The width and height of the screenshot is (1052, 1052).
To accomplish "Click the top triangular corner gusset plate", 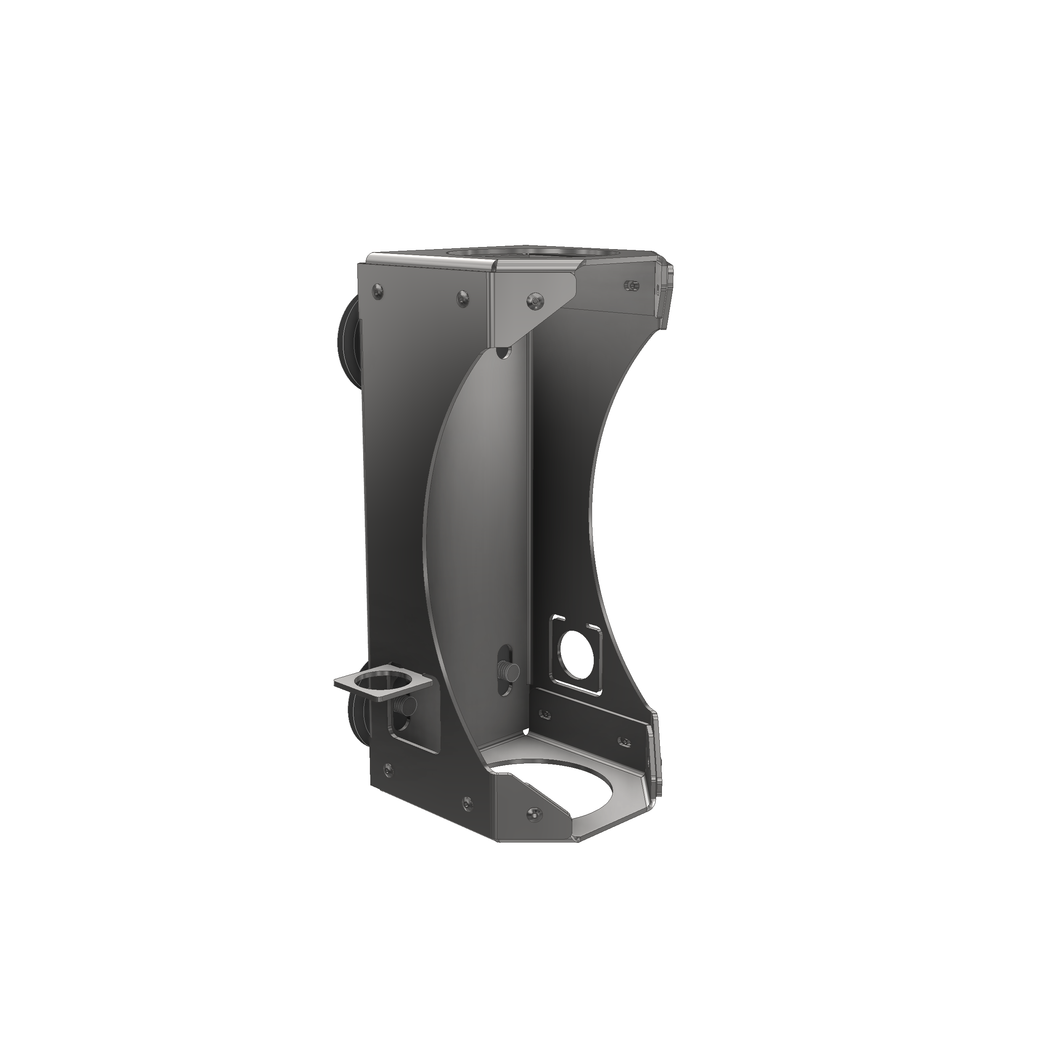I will point(531,305).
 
